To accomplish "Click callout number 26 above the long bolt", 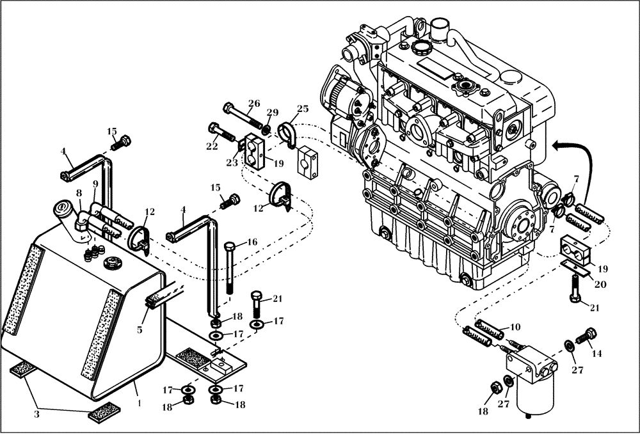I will pyautogui.click(x=254, y=104).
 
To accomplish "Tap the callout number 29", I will pyautogui.click(x=273, y=113).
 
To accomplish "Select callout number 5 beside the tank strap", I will pyautogui.click(x=140, y=331).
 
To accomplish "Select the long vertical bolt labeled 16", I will pyautogui.click(x=231, y=269).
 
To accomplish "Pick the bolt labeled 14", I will pyautogui.click(x=586, y=334).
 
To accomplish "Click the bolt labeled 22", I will pyautogui.click(x=221, y=132).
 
